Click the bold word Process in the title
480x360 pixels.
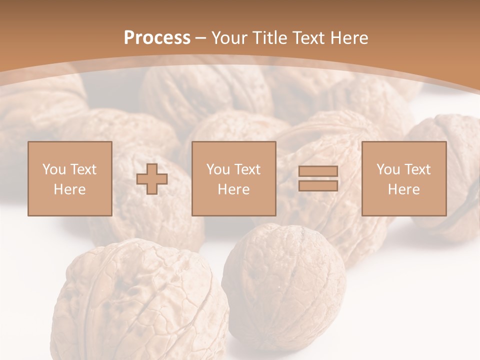[157, 38]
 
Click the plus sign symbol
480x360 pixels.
[152, 178]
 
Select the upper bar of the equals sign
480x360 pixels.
[318, 171]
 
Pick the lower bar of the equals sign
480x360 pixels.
[318, 185]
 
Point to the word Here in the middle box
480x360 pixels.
[233, 189]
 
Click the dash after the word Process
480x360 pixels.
[201, 38]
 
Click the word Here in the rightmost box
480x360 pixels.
[403, 189]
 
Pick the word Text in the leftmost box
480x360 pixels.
[83, 169]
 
